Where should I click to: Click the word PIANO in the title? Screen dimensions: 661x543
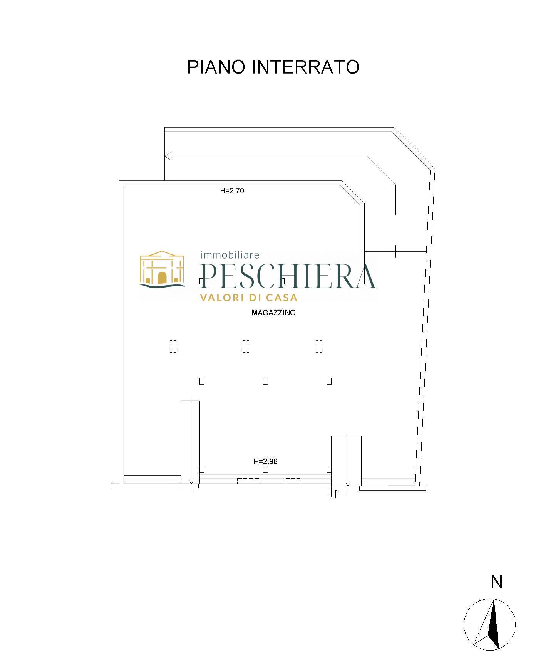click(x=216, y=67)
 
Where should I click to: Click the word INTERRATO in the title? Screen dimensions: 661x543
click(x=305, y=67)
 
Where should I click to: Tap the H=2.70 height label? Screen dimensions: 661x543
click(x=232, y=190)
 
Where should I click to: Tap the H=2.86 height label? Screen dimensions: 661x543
click(x=265, y=461)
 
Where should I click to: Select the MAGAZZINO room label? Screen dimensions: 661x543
click(x=273, y=313)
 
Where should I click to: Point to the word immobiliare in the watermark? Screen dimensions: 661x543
click(x=230, y=255)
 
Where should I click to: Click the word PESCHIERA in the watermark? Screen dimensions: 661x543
click(x=288, y=276)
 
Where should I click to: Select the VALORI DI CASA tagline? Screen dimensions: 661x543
click(x=248, y=298)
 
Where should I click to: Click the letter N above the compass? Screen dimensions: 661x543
click(x=497, y=582)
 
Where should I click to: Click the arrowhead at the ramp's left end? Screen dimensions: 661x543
click(x=167, y=156)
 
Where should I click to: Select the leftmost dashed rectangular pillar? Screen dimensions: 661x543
click(x=173, y=346)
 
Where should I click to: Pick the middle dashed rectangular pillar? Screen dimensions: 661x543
click(x=246, y=346)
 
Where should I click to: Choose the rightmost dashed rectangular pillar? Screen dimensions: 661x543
click(x=318, y=346)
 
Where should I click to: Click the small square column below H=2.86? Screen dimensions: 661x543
click(x=265, y=469)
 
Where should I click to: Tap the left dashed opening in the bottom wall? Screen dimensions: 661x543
click(x=248, y=481)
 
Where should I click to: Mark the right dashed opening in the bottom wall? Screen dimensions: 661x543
click(x=293, y=481)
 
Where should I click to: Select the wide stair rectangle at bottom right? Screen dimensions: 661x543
click(x=346, y=461)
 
